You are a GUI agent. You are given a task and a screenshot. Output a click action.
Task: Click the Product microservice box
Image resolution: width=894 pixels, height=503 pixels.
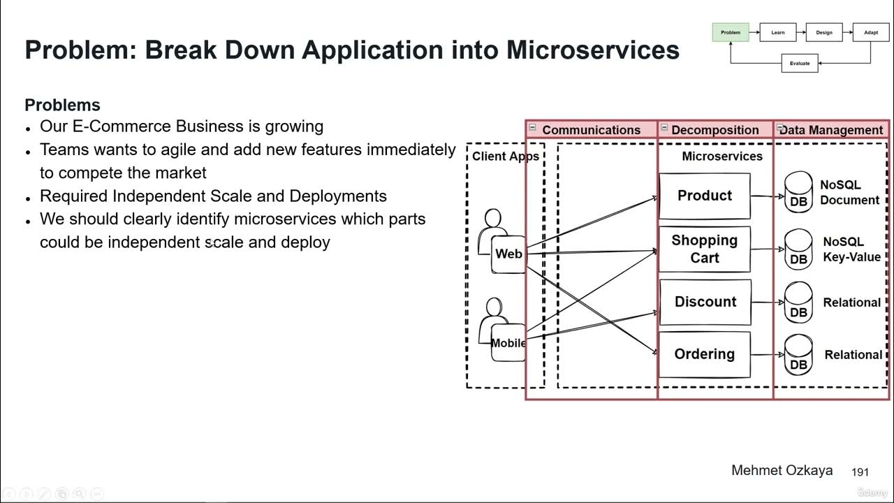point(704,196)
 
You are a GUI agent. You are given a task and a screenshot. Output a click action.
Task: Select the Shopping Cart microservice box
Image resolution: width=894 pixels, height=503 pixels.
point(704,249)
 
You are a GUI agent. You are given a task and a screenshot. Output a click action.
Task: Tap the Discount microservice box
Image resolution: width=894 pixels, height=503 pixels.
point(705,302)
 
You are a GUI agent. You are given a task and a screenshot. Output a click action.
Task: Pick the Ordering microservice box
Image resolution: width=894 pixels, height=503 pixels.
point(704,354)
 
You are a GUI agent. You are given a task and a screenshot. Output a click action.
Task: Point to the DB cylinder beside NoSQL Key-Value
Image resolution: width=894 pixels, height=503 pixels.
point(798,250)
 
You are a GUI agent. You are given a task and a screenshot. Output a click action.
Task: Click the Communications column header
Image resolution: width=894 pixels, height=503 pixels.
point(591,130)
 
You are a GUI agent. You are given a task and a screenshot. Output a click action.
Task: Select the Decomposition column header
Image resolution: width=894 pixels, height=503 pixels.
point(715,130)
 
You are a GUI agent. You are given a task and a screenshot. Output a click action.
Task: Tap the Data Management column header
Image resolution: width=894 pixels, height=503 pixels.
point(831,130)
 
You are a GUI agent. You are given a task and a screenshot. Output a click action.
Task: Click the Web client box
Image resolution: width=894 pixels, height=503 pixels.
point(508,254)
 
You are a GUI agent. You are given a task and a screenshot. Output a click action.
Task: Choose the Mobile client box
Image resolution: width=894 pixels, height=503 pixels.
point(508,343)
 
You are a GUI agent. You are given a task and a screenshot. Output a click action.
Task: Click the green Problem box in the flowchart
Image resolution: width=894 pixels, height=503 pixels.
point(731,32)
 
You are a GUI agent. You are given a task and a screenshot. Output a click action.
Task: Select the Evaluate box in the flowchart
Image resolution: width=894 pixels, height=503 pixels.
point(800,64)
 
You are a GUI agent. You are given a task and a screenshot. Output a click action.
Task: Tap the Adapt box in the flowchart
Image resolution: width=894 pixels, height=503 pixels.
point(871,32)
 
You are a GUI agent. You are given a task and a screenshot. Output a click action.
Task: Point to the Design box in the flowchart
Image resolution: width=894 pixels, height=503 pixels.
point(824,32)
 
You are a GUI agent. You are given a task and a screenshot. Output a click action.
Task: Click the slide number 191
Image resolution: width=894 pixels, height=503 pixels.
point(860,473)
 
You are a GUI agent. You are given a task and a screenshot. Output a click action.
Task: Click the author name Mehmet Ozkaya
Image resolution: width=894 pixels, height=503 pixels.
point(782,470)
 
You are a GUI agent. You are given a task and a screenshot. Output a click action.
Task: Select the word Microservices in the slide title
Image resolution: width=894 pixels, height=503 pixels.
point(592,50)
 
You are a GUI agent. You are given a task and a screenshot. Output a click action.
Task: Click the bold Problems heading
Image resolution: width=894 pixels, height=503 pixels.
point(62,105)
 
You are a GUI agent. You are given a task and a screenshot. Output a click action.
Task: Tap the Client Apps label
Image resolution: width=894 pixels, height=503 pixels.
point(505,156)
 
